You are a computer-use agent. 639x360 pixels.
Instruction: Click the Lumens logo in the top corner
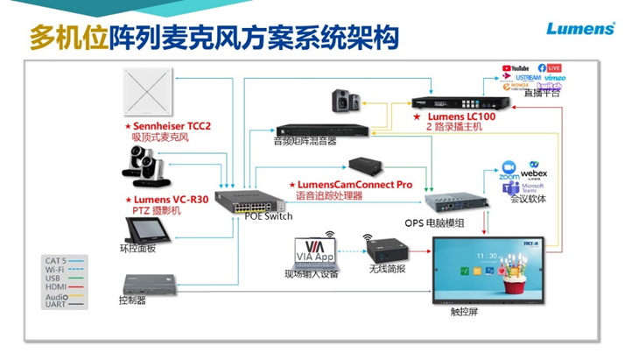point(580,29)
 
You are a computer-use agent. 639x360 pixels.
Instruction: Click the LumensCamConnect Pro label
point(355,186)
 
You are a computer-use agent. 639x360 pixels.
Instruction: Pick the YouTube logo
point(516,67)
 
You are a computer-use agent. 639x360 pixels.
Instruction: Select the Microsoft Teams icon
point(530,187)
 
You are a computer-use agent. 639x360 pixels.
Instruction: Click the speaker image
point(342,101)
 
